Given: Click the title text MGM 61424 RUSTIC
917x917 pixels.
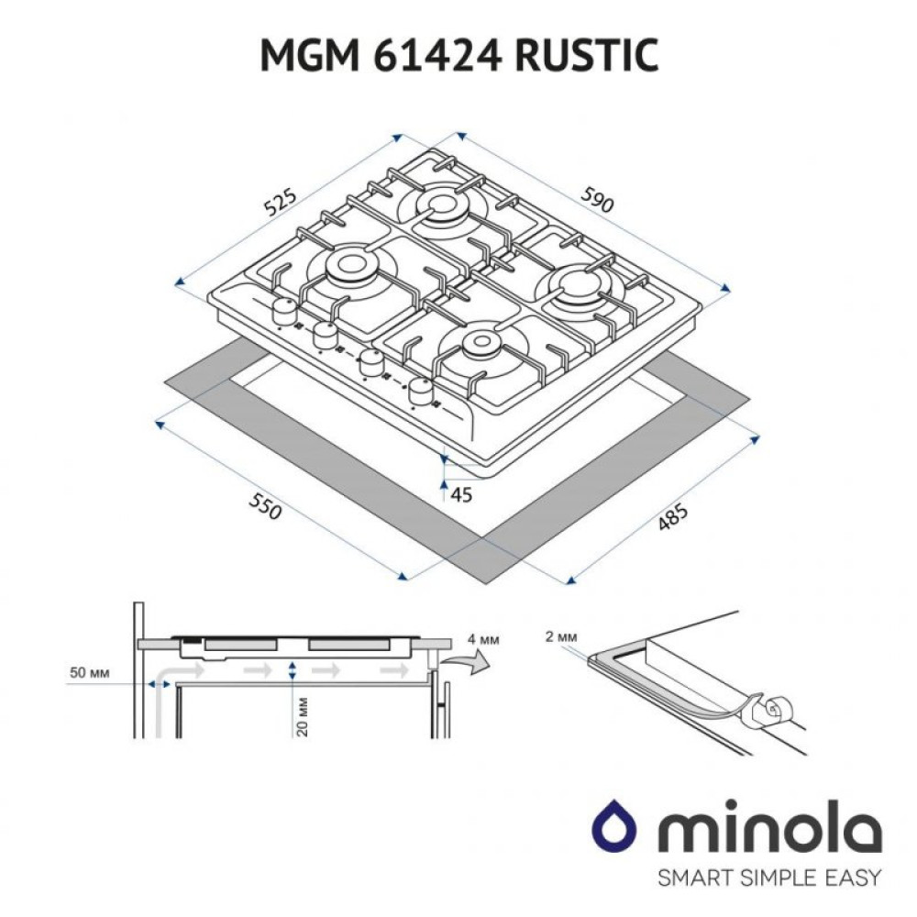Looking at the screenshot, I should (x=458, y=57).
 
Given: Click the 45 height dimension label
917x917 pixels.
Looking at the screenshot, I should (x=462, y=495).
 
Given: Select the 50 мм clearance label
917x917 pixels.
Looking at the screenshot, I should (x=90, y=674).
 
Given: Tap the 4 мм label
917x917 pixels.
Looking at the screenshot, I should (x=483, y=639).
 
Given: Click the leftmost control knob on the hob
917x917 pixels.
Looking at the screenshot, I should (x=282, y=312).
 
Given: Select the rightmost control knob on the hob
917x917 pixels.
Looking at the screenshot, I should (x=421, y=391).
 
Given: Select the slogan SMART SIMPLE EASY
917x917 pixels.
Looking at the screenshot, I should (x=769, y=877).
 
